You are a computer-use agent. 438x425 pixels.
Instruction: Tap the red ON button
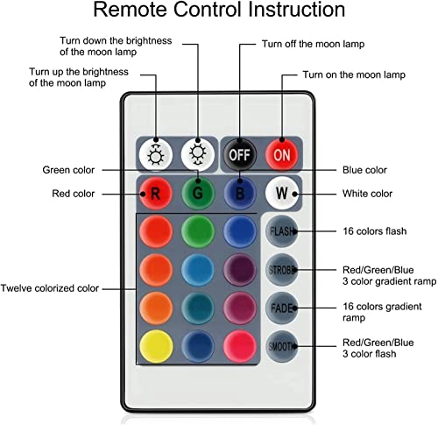click(x=282, y=154)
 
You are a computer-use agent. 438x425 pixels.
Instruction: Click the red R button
click(x=156, y=193)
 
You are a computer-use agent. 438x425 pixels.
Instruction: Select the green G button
click(x=198, y=193)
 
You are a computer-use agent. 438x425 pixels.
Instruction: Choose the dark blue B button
click(x=240, y=193)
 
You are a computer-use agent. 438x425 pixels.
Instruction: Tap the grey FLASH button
click(x=282, y=231)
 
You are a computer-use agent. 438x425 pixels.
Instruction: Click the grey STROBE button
click(x=282, y=270)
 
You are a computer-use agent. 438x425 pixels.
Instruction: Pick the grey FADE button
click(x=282, y=308)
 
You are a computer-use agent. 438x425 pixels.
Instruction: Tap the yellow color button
click(x=156, y=346)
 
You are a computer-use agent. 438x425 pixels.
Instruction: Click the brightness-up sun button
click(x=156, y=154)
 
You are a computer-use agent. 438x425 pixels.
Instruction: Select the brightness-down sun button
click(x=198, y=154)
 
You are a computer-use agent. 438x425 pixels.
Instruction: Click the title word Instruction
click(x=296, y=10)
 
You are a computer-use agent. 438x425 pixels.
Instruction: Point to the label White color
click(x=367, y=194)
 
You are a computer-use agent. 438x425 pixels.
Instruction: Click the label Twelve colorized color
click(x=50, y=288)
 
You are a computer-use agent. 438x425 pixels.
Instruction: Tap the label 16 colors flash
click(x=375, y=231)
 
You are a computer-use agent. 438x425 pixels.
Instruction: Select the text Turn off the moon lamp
click(x=313, y=44)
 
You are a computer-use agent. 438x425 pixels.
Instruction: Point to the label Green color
click(x=68, y=170)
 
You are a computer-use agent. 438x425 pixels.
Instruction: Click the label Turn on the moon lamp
click(x=354, y=74)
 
